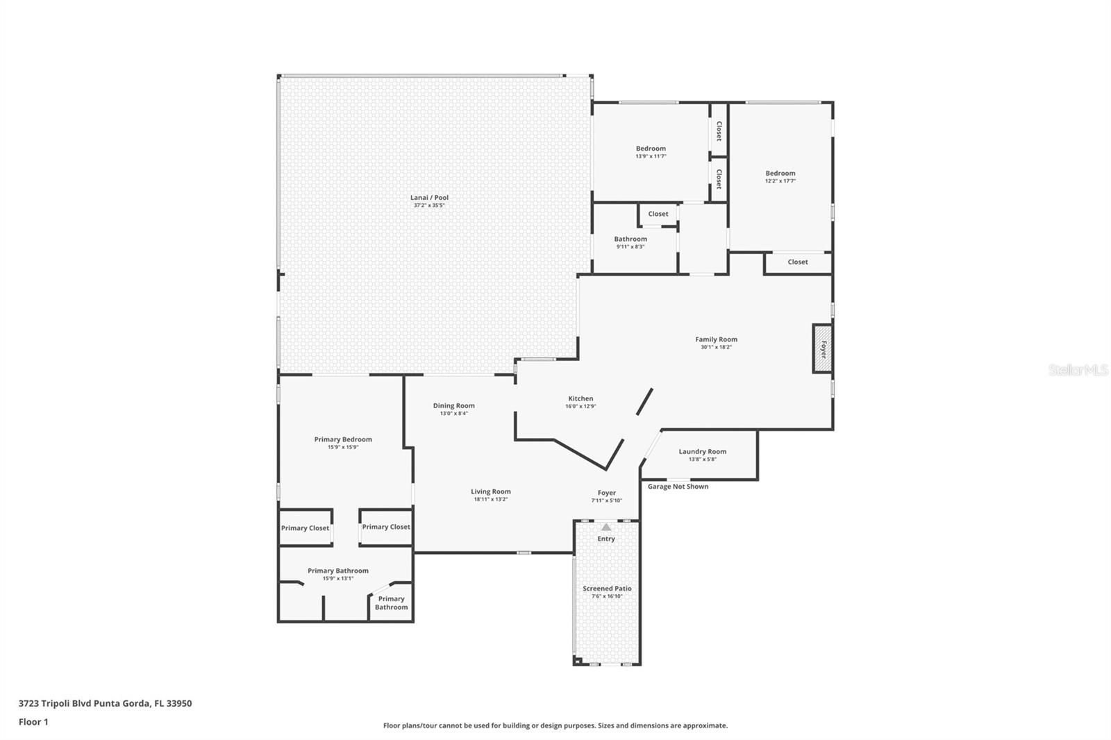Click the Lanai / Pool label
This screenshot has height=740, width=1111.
pyautogui.click(x=429, y=197)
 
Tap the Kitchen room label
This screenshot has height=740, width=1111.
pyautogui.click(x=580, y=398)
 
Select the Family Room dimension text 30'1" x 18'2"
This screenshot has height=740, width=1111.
pyautogui.click(x=716, y=347)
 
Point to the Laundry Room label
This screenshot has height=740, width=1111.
pyautogui.click(x=702, y=451)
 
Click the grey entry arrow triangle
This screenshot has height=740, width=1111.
pyautogui.click(x=606, y=527)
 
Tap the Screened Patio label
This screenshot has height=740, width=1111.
pyautogui.click(x=607, y=588)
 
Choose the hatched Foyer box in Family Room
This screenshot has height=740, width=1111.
pyautogui.click(x=822, y=348)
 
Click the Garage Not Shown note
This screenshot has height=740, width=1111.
pyautogui.click(x=678, y=487)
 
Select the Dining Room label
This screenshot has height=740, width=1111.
pyautogui.click(x=454, y=405)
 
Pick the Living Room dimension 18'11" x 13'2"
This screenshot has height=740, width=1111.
pyautogui.click(x=490, y=499)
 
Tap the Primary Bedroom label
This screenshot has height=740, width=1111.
pyautogui.click(x=343, y=439)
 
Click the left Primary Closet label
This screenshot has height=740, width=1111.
pyautogui.click(x=305, y=528)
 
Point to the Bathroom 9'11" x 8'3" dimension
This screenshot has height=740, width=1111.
pyautogui.click(x=630, y=246)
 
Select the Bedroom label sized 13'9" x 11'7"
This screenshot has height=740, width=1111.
pyautogui.click(x=651, y=149)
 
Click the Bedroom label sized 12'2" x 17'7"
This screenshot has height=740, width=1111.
pyautogui.click(x=780, y=173)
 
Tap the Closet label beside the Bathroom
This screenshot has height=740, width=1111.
pyautogui.click(x=658, y=214)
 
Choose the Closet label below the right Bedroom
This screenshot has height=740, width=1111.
pyautogui.click(x=798, y=262)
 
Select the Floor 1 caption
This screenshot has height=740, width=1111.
pyautogui.click(x=33, y=722)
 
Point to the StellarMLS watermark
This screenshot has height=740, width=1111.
pyautogui.click(x=1078, y=370)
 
